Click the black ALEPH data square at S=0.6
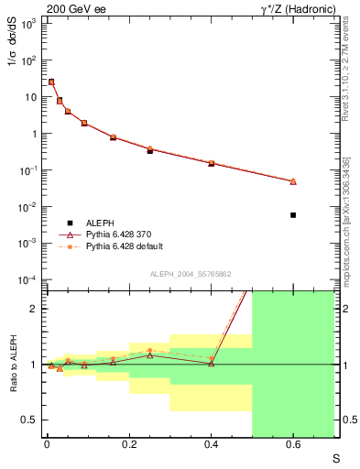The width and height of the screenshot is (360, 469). [293, 215]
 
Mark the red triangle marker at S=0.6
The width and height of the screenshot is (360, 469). [293, 181]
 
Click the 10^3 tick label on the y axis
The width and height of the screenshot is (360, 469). [27, 24]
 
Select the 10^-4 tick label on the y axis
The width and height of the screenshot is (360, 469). [27, 279]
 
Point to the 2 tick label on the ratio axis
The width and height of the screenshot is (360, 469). [35, 309]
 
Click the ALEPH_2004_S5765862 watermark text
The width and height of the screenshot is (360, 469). [191, 274]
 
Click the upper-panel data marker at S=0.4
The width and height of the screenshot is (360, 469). [211, 163]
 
